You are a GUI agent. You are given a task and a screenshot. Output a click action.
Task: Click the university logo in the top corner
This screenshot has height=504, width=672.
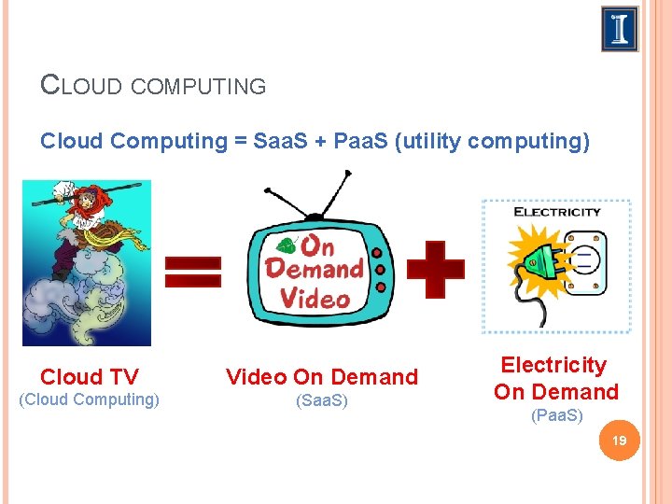(x=620, y=29)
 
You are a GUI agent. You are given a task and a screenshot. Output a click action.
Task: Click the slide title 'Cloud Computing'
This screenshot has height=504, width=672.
(x=154, y=86)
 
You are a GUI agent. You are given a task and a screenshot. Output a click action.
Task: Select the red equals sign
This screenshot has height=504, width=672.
(x=193, y=272)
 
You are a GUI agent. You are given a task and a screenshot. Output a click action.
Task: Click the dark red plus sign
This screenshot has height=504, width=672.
(x=429, y=269)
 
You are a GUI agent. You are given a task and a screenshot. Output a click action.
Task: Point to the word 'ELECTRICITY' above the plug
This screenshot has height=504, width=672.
(x=557, y=212)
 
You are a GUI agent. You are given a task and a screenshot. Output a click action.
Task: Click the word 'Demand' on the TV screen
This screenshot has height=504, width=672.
(x=314, y=270)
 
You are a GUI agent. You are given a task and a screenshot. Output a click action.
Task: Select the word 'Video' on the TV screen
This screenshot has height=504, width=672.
(x=314, y=299)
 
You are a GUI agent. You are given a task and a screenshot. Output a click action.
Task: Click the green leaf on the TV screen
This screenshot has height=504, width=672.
(x=286, y=246)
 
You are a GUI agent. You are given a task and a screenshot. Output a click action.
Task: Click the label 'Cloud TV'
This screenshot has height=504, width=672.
(x=90, y=377)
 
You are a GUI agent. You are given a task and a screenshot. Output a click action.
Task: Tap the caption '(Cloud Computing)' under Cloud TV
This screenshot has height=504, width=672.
(x=90, y=399)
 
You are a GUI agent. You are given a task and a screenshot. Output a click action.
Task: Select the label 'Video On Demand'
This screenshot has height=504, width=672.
(x=322, y=377)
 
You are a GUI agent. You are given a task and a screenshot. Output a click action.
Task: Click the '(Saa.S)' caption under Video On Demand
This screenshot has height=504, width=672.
(x=321, y=400)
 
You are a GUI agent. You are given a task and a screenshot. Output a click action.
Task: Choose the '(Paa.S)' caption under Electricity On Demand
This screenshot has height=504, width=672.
(x=556, y=415)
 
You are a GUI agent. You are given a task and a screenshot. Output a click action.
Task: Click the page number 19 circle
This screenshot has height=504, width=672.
(x=617, y=441)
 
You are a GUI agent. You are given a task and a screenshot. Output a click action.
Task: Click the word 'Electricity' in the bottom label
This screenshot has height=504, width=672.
(x=553, y=365)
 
